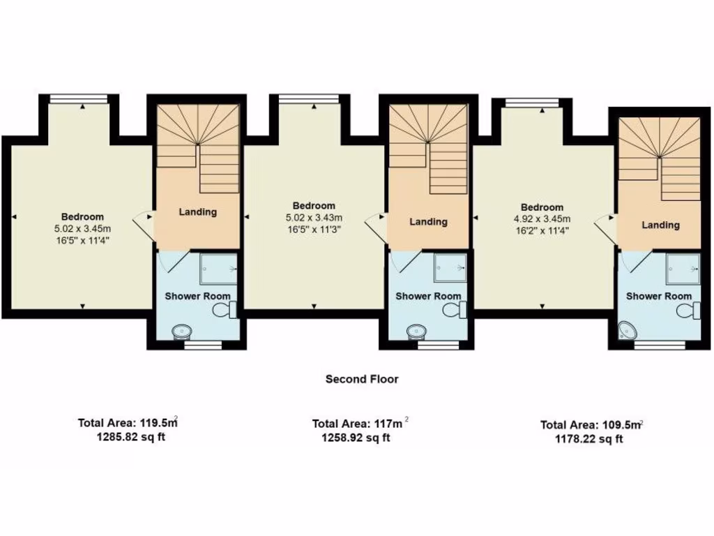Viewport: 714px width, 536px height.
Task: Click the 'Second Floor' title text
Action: point(362,379)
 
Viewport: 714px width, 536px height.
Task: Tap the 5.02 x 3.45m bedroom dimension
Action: point(82,228)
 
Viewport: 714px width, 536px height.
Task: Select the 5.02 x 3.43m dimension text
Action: point(314,217)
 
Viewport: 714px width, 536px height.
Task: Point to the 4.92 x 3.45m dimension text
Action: point(542,218)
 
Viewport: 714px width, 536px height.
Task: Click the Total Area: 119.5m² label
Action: point(126,422)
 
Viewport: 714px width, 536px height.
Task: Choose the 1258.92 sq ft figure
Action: point(356,438)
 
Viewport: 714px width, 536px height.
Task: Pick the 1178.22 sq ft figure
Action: point(589,439)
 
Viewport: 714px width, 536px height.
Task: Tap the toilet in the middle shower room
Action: point(456,309)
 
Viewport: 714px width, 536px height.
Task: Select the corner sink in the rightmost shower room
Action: point(627,329)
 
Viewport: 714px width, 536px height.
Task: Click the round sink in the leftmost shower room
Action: point(182,331)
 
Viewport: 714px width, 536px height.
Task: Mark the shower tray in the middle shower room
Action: point(450,267)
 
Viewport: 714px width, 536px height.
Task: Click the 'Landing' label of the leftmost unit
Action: point(198,211)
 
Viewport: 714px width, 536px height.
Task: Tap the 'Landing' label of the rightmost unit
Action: point(660,225)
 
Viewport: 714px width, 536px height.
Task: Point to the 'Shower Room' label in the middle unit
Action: point(428,296)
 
